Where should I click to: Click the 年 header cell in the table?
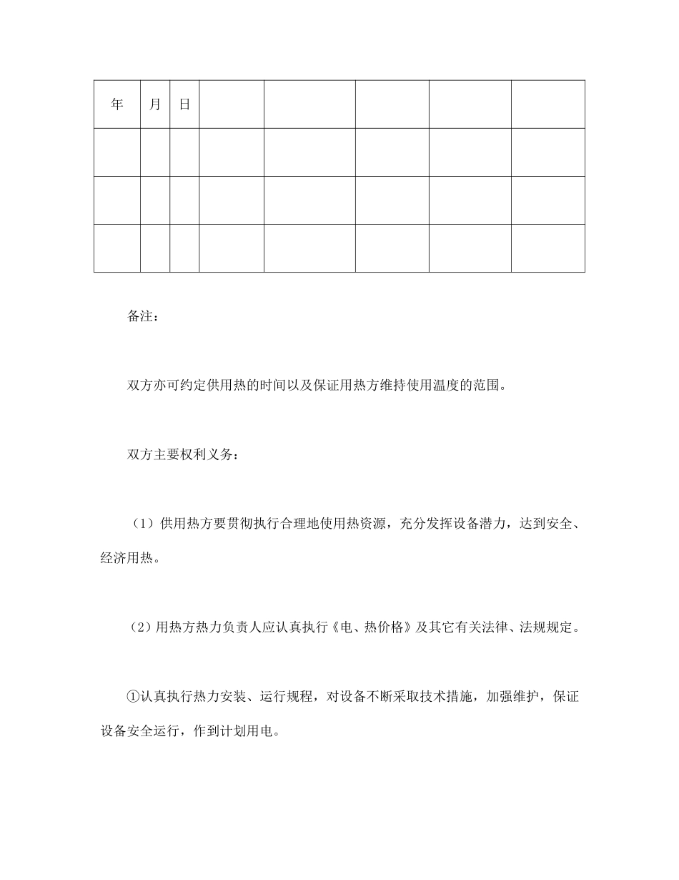tap(117, 104)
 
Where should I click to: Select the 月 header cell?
tap(155, 104)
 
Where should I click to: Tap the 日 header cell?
tap(184, 104)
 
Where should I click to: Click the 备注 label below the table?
tap(141, 316)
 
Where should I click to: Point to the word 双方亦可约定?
tap(162, 387)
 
